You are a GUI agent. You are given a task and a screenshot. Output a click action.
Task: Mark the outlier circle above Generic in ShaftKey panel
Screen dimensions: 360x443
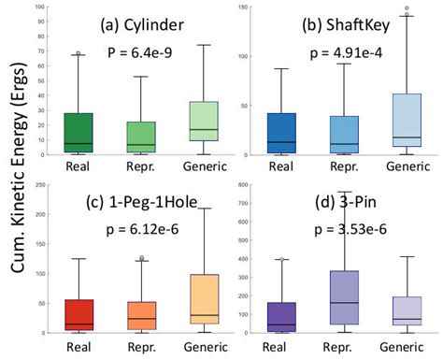(406, 8)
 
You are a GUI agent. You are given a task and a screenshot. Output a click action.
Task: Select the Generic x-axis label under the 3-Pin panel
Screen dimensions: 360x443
(405, 345)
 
